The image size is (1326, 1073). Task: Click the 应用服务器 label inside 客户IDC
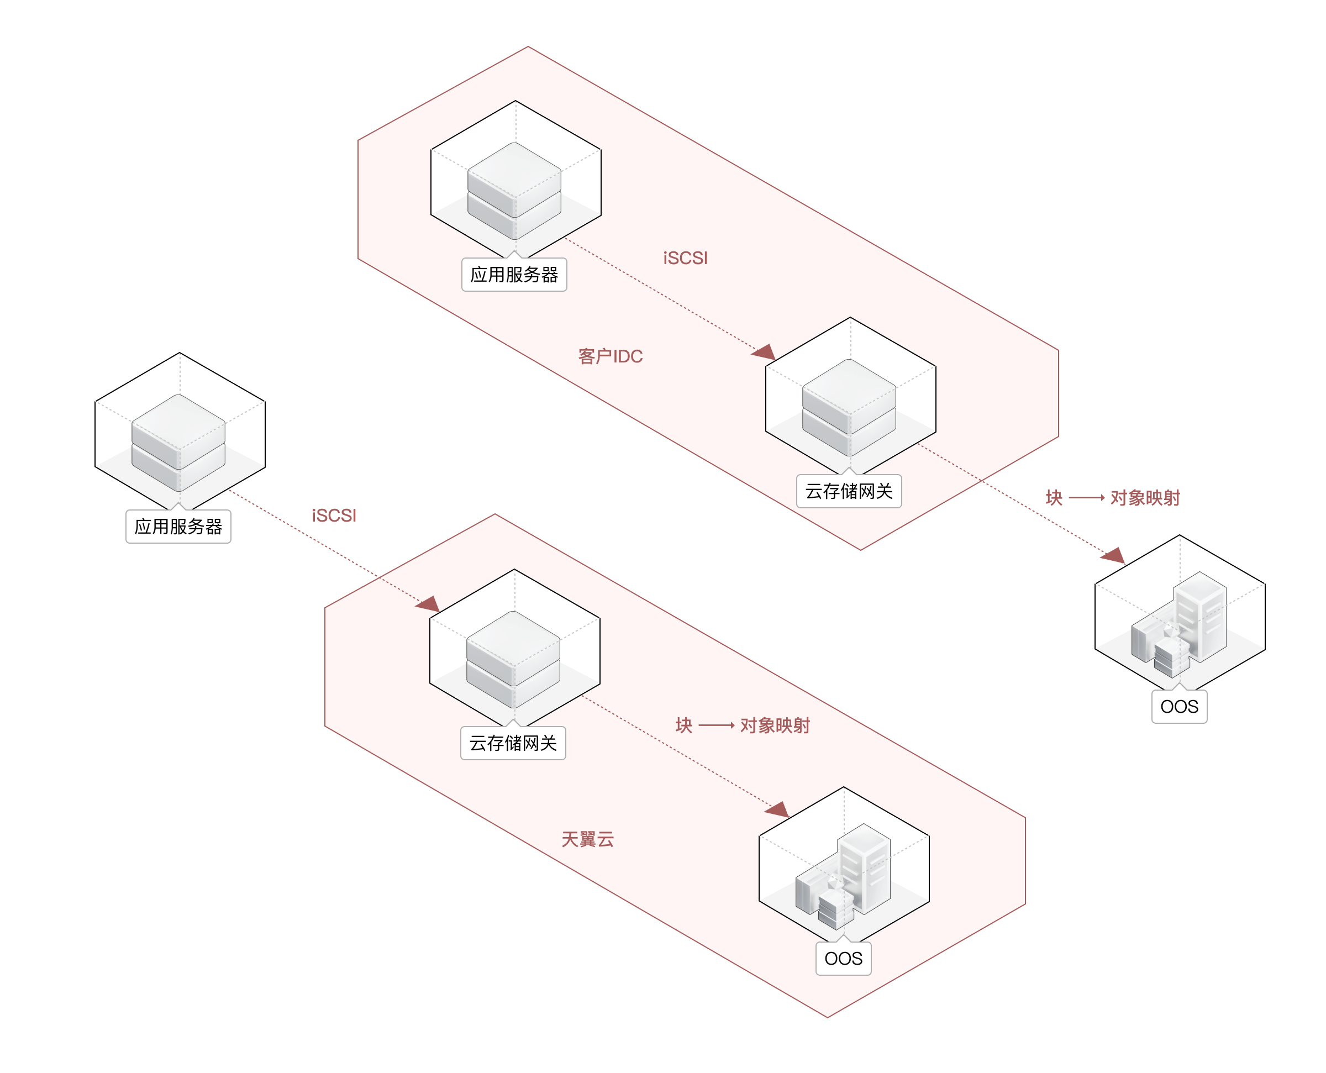tap(514, 275)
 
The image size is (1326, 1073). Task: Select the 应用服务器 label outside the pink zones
tap(178, 527)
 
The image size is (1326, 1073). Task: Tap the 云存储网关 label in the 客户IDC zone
tap(849, 491)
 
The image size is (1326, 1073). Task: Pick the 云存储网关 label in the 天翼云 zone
tap(513, 743)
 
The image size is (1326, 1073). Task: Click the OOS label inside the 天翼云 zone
tap(844, 959)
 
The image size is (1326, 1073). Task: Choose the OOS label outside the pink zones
tap(1179, 707)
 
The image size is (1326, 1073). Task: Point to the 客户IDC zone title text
tap(611, 356)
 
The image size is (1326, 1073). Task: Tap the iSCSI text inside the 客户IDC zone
tap(685, 259)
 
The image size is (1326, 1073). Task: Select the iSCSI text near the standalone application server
tap(334, 516)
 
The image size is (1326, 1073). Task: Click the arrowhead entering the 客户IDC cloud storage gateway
tap(765, 353)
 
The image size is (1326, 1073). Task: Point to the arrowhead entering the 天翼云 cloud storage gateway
tap(429, 604)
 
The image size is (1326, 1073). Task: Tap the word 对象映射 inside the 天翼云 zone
tap(775, 725)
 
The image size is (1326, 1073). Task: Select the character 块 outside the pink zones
tap(1054, 498)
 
